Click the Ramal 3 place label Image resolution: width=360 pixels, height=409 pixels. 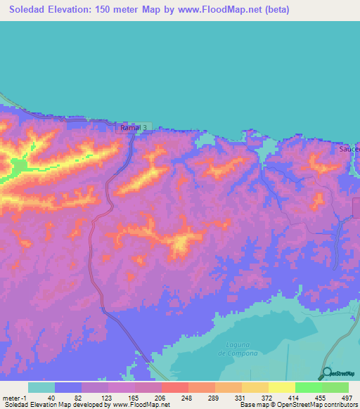(134, 127)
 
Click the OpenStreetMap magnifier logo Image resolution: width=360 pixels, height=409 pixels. (326, 375)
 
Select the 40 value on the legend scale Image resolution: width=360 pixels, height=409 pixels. (51, 398)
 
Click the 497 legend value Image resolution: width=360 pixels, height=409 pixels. (346, 398)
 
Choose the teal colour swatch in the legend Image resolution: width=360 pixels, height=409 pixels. (41, 387)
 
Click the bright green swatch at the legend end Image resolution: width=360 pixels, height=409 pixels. (335, 387)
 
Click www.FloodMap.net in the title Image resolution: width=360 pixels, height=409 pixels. (212, 10)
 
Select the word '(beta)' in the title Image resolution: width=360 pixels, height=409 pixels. (274, 10)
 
